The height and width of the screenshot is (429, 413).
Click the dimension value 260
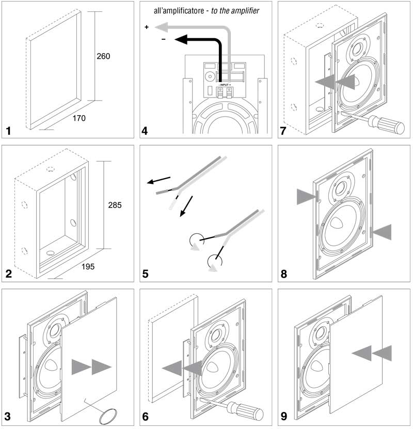103,56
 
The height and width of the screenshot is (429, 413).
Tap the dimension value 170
79,118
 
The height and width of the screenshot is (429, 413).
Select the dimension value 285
115,205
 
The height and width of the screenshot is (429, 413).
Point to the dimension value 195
88,266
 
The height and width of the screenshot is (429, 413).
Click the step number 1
9,131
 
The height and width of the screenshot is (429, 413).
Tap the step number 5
146,274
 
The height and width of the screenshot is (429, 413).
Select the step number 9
284,417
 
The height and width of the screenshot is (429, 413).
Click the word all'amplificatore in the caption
179,11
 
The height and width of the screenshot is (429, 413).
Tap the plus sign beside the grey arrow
147,27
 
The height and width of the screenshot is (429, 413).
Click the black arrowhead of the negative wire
181,40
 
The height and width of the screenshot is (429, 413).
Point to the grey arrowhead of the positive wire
161,27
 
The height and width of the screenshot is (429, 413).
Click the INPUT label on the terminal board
225,85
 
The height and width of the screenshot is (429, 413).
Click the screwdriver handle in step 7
386,125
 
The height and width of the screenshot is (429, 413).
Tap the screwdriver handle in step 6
245,411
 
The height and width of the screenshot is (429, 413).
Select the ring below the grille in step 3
108,417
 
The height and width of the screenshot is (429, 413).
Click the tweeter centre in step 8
342,188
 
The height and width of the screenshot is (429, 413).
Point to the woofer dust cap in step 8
337,223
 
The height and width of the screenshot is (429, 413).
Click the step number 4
145,131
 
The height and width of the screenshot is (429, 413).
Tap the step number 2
9,274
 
